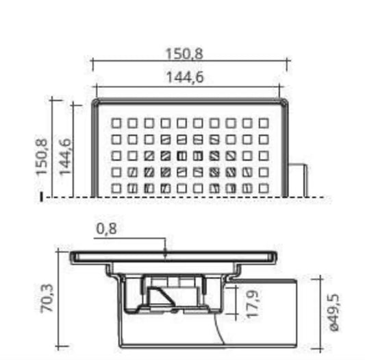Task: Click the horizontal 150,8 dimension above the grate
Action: [x=187, y=52]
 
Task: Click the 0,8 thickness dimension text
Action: [x=106, y=229]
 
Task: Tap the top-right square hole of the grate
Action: [x=264, y=123]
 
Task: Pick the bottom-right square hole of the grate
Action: [x=264, y=187]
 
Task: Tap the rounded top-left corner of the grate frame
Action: [x=96, y=103]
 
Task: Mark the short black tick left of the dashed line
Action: [x=42, y=197]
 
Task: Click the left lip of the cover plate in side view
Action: [x=74, y=257]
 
